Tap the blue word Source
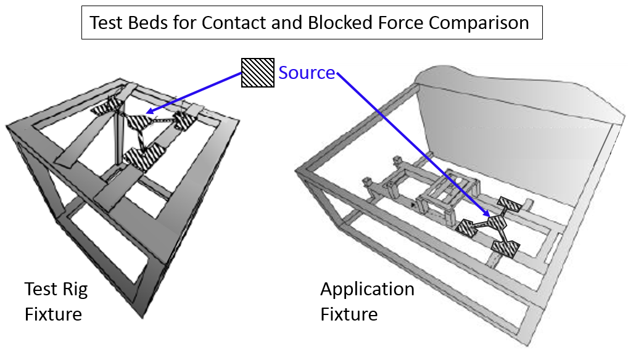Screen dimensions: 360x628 307,73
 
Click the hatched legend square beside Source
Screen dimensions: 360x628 257,73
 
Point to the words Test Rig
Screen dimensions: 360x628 56,289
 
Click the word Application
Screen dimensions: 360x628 367,289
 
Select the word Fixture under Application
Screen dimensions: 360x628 349,314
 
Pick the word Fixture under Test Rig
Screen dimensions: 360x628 53,314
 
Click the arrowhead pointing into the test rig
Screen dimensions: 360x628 149,112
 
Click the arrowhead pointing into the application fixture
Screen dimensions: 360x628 490,216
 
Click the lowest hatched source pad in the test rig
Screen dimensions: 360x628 143,158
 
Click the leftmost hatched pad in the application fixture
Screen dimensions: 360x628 470,227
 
